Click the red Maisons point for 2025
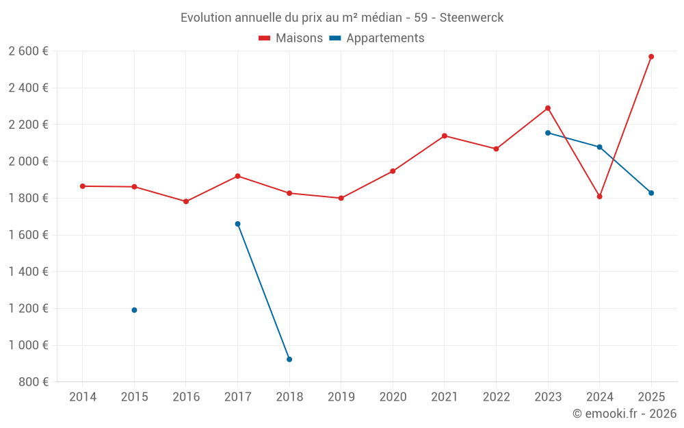(651, 57)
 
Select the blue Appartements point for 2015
(134, 310)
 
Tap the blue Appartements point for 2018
(289, 360)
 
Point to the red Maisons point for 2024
(599, 197)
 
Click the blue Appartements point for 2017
(237, 224)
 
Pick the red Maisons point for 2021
(444, 136)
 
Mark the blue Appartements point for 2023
(548, 133)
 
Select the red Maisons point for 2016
(186, 201)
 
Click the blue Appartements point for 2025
(651, 193)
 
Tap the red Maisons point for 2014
(83, 186)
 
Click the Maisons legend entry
(291, 38)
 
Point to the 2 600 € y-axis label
(28, 51)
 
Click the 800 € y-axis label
(33, 382)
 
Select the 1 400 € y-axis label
(28, 272)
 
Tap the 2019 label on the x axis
(341, 397)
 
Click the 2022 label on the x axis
(496, 397)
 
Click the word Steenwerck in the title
(471, 18)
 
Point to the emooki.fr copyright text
(624, 414)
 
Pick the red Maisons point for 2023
(548, 108)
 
